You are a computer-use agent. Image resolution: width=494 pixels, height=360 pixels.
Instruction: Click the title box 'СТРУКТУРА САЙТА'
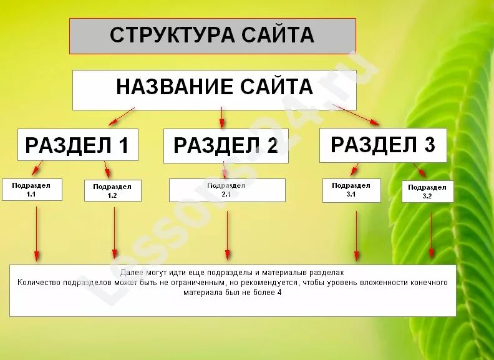(212, 36)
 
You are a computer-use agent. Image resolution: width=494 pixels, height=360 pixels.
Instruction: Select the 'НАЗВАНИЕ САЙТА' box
(214, 89)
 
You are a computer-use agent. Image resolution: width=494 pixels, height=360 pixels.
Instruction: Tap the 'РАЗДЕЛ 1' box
(77, 145)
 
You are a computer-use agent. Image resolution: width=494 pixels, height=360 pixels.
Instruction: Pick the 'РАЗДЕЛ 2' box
(226, 145)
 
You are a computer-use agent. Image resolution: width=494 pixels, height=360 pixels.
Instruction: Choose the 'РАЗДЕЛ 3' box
(382, 145)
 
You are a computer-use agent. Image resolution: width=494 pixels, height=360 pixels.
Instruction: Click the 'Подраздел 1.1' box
(32, 190)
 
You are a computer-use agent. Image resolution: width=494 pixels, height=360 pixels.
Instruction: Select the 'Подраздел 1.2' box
(112, 190)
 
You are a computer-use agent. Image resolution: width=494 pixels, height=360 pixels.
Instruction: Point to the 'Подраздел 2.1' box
(226, 190)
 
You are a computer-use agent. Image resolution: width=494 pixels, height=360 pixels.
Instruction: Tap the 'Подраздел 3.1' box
(351, 190)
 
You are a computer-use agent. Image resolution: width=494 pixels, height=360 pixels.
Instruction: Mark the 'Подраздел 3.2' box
(427, 191)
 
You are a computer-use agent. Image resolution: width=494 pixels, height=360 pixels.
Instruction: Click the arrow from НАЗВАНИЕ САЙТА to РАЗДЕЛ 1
(122, 117)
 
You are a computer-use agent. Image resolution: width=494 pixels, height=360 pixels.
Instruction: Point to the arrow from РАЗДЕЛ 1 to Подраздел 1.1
(37, 168)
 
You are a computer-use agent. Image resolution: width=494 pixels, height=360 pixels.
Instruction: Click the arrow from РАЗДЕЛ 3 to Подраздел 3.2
(419, 170)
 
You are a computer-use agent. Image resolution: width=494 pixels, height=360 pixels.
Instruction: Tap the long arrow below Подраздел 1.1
(36, 233)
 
